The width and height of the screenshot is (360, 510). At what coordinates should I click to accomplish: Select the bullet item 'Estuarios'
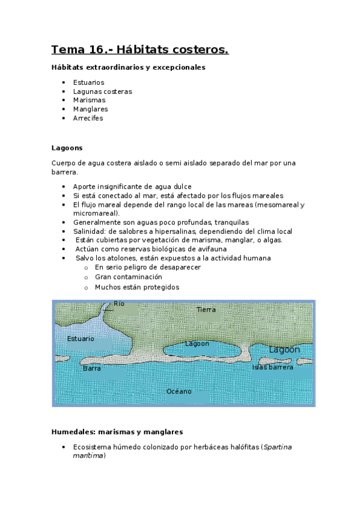pyautogui.click(x=88, y=82)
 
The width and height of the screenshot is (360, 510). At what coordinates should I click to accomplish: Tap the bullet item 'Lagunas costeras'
pyautogui.click(x=102, y=91)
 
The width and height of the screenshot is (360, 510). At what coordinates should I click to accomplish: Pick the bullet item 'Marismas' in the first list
pyautogui.click(x=89, y=100)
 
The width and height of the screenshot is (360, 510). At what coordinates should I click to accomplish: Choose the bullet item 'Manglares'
pyautogui.click(x=90, y=109)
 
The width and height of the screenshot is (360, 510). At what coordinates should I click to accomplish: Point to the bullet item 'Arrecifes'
pyautogui.click(x=88, y=118)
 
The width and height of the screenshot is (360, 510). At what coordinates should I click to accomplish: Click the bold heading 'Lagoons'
pyautogui.click(x=67, y=148)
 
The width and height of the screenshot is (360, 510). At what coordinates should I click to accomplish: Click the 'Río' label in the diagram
pyautogui.click(x=119, y=304)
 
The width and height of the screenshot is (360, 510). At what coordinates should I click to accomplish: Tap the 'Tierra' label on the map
pyautogui.click(x=206, y=309)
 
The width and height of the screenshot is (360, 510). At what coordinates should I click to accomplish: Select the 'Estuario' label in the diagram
pyautogui.click(x=81, y=339)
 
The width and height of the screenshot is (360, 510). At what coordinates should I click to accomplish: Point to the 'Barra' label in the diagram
pyautogui.click(x=92, y=368)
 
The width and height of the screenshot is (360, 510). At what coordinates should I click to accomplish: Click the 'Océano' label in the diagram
pyautogui.click(x=179, y=392)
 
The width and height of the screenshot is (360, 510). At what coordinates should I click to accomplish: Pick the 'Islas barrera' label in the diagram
pyautogui.click(x=273, y=367)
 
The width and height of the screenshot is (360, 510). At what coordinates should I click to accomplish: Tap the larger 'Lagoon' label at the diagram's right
pyautogui.click(x=284, y=349)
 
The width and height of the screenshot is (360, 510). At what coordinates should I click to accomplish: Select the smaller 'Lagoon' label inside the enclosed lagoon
pyautogui.click(x=197, y=344)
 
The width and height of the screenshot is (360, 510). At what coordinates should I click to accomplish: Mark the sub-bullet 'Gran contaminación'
pyautogui.click(x=129, y=277)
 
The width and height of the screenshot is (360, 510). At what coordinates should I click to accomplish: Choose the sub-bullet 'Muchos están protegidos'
pyautogui.click(x=137, y=287)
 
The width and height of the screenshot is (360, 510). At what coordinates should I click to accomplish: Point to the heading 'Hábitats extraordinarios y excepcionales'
pyautogui.click(x=129, y=67)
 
